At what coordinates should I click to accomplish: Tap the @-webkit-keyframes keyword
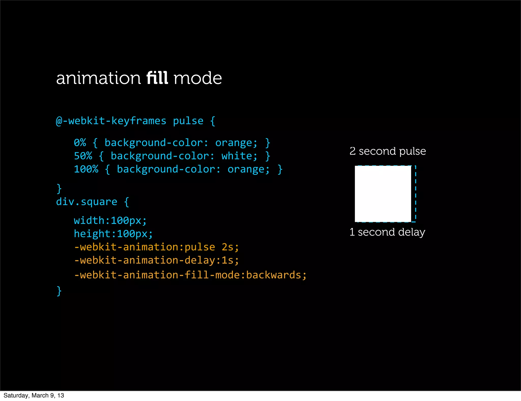click(x=111, y=121)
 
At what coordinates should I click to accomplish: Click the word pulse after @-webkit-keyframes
click(x=188, y=121)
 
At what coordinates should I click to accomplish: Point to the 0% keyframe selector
click(x=80, y=143)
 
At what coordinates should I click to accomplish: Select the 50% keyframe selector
click(x=83, y=156)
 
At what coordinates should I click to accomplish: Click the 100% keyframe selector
click(x=86, y=169)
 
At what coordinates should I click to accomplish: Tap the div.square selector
click(x=86, y=202)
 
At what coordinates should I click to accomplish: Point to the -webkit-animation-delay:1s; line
click(x=156, y=260)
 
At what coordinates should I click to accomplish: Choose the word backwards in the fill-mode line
click(x=273, y=275)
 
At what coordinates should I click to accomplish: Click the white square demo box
click(x=383, y=194)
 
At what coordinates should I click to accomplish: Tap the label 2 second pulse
click(x=387, y=151)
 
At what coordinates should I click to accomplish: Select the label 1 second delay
click(x=387, y=232)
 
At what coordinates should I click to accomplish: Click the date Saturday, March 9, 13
click(x=34, y=395)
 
